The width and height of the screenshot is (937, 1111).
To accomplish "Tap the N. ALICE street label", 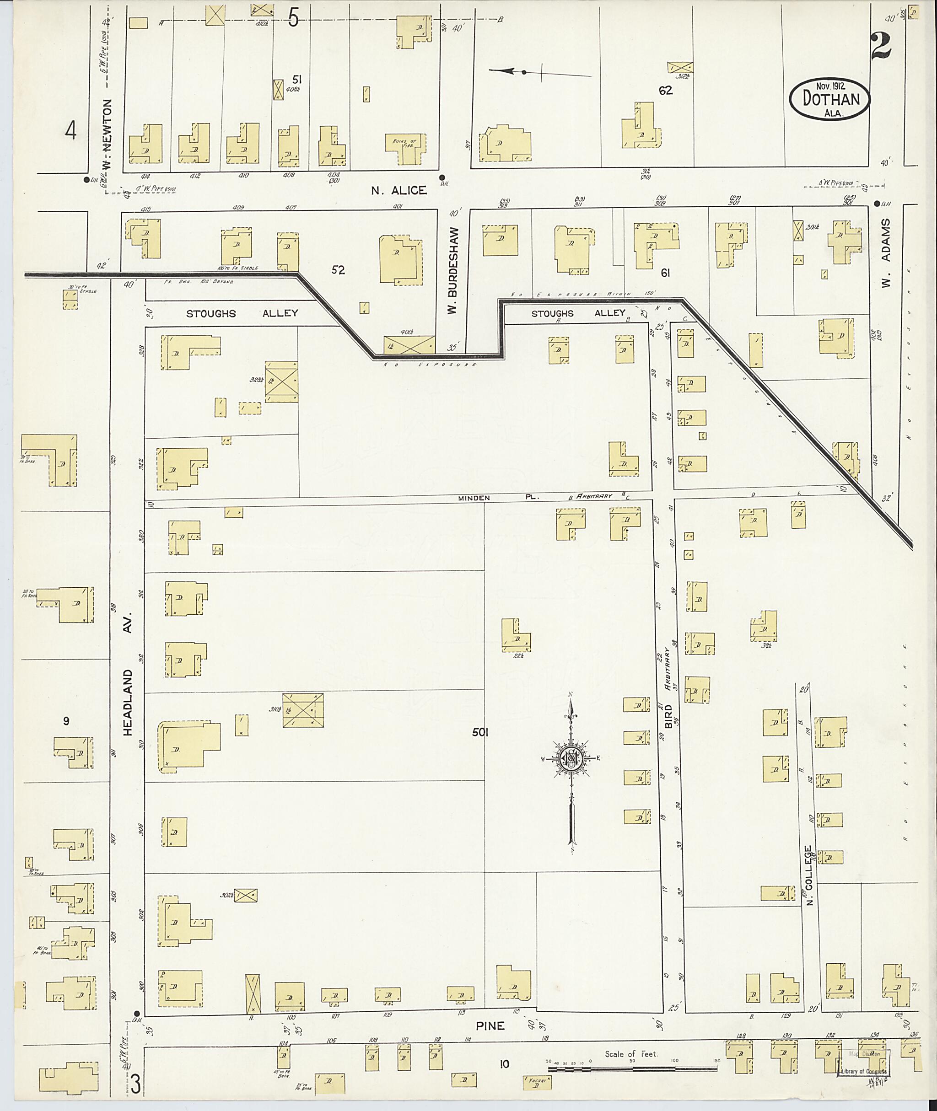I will (398, 190).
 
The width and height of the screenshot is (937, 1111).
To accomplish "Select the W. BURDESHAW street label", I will (452, 271).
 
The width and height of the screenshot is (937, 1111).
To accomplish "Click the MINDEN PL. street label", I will (499, 498).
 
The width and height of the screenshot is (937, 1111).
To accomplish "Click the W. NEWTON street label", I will (108, 135).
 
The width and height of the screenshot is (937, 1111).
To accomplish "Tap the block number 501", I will (480, 732).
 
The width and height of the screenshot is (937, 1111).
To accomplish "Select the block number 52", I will (338, 270).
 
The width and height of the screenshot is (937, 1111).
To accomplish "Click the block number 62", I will (665, 90).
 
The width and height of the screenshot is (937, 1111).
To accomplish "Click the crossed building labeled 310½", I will (303, 710).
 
